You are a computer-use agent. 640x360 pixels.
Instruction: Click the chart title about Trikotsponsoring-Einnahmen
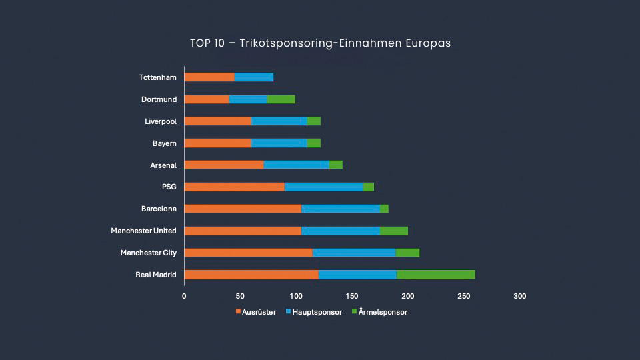(320, 43)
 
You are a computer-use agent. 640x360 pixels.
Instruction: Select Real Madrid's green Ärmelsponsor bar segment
(435, 275)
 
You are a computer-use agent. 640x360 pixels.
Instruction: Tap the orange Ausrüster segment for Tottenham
(209, 77)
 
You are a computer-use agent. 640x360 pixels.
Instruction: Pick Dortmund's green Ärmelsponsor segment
(281, 99)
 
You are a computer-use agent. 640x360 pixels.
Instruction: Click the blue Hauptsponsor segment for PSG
(324, 187)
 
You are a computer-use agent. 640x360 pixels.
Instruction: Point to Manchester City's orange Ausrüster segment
(248, 253)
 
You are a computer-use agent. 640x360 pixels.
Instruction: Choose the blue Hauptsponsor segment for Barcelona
(341, 209)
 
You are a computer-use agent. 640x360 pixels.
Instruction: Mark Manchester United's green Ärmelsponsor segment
(393, 231)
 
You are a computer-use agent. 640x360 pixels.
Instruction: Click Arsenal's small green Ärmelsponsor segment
(335, 165)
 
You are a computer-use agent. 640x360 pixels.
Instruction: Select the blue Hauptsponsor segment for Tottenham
(254, 77)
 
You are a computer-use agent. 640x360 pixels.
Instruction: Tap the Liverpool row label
(161, 121)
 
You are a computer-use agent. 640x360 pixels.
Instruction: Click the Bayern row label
(165, 143)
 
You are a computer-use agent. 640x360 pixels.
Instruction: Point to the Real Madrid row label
(156, 275)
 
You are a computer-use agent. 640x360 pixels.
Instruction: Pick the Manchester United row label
(144, 231)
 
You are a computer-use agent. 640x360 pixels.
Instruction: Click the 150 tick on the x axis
(352, 296)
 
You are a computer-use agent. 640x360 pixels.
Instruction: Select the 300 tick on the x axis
(520, 296)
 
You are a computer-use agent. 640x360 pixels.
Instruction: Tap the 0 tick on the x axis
(184, 296)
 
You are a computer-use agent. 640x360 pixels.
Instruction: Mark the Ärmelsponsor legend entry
(381, 312)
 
